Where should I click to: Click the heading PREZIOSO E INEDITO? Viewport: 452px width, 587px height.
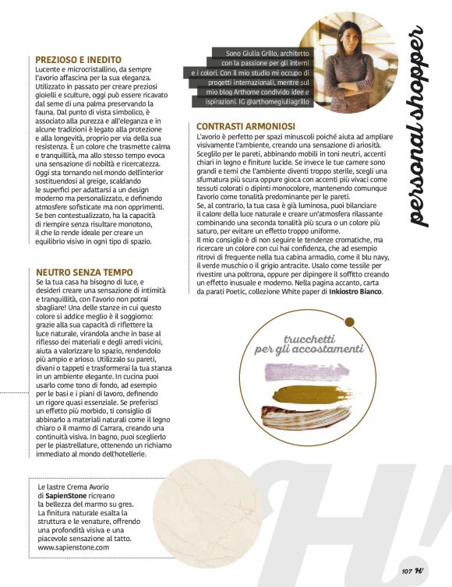[x=78, y=58]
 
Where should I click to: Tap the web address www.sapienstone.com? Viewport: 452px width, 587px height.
[x=73, y=547]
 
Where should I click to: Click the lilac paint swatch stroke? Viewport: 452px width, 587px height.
[x=311, y=374]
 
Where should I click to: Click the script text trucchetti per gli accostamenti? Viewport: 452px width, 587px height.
[x=310, y=343]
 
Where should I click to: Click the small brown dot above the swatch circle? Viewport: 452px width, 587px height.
[x=350, y=322]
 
